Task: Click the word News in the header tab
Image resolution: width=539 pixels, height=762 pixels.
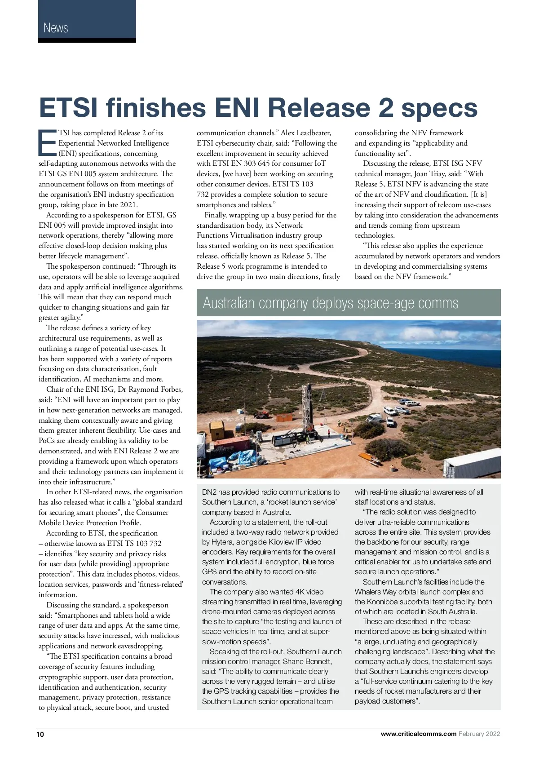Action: pos(56,28)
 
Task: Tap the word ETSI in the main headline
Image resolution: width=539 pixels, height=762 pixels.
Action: pos(72,108)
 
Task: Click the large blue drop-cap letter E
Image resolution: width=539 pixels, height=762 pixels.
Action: pos(47,143)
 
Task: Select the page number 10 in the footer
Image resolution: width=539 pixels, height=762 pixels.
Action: pos(40,734)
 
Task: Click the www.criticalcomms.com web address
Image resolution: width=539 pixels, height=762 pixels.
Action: pos(418,734)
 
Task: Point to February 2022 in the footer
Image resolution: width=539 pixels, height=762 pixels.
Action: pos(479,734)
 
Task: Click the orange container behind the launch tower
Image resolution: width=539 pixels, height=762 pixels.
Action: pos(285,417)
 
